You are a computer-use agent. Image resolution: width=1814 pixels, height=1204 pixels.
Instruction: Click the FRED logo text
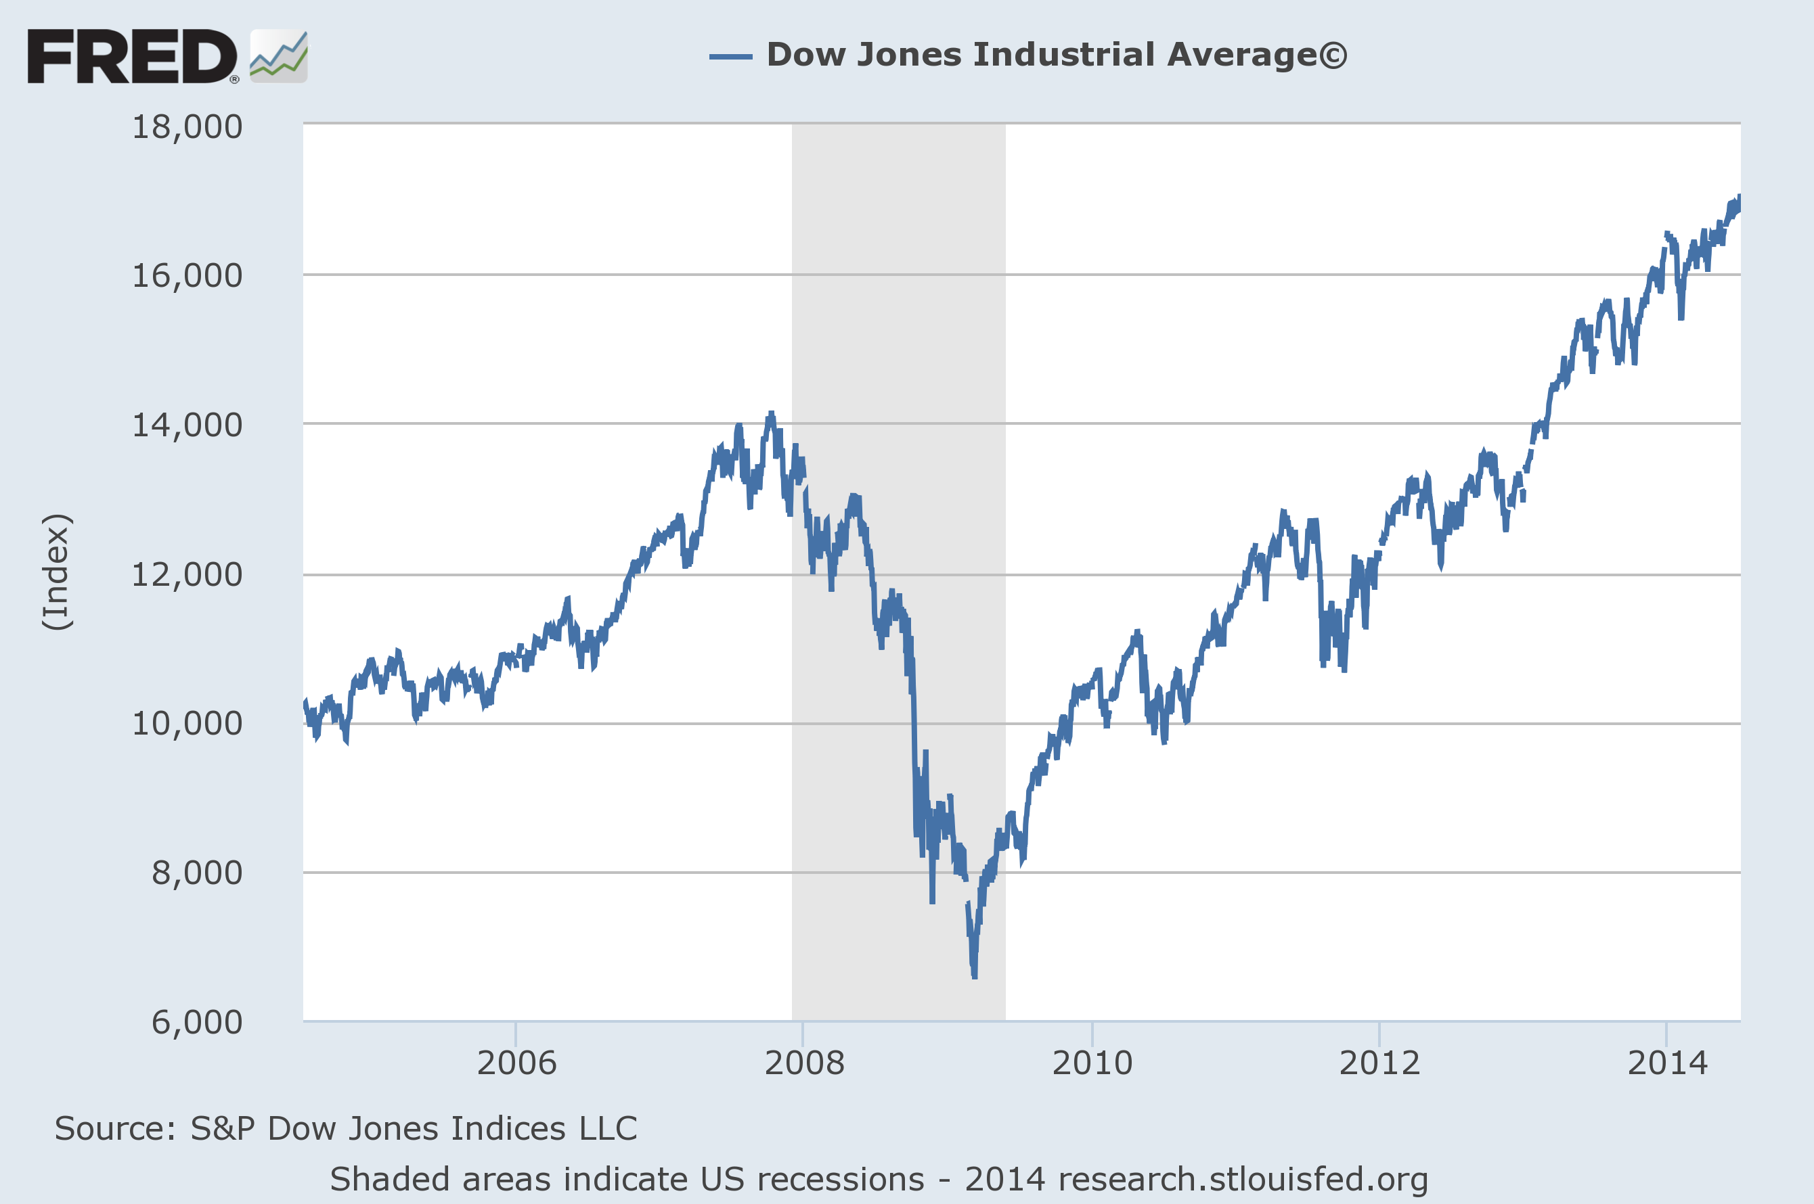(x=132, y=56)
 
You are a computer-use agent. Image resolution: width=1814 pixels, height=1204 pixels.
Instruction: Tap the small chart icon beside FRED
(x=278, y=56)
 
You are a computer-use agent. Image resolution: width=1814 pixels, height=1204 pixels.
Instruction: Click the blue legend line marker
(x=730, y=56)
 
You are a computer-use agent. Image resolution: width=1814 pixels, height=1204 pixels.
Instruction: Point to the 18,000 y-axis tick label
(x=187, y=126)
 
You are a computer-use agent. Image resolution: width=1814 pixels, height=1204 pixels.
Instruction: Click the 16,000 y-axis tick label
(x=187, y=276)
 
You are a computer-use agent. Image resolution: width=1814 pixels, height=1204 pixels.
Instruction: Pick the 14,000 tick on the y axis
(x=187, y=425)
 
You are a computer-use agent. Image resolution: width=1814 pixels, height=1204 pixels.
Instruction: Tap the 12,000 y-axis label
(x=187, y=574)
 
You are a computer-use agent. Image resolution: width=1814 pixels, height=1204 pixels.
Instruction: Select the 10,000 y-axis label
(x=187, y=723)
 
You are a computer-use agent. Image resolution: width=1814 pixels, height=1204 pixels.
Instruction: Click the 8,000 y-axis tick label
(x=197, y=873)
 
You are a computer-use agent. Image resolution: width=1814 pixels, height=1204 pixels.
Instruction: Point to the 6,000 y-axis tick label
(x=197, y=1022)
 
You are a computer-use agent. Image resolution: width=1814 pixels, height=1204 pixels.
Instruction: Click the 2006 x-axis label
(x=516, y=1063)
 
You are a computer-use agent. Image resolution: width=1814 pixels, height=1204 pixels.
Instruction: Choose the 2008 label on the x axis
(x=803, y=1063)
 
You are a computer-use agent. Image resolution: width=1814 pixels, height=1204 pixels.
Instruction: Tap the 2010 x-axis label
(x=1092, y=1063)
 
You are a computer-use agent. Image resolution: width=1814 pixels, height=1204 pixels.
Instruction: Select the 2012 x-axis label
(x=1379, y=1063)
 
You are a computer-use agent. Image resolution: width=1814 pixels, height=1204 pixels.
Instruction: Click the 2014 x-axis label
(x=1666, y=1063)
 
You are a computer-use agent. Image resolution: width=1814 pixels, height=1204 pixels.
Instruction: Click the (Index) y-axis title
(x=57, y=572)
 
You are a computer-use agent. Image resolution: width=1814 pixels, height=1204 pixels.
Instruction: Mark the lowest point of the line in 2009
(x=974, y=976)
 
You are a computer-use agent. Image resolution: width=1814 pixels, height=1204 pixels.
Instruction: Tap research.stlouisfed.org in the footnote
(x=1242, y=1180)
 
